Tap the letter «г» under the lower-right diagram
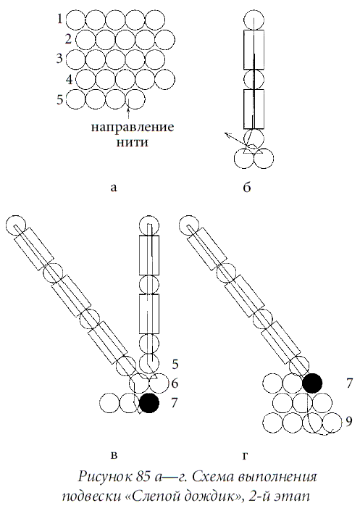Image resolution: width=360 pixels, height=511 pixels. point(246,455)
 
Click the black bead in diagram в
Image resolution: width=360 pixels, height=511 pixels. point(149,404)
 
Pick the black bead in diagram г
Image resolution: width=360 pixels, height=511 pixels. point(313,383)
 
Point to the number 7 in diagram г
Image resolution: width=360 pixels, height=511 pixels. point(350,381)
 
